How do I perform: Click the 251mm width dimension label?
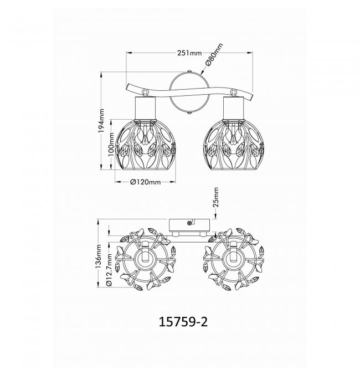pos(189,53)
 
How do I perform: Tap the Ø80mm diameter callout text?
pos(214,55)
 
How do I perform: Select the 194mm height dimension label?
pos(101,121)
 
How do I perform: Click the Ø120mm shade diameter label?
pos(145,182)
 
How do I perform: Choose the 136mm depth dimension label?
pos(99,256)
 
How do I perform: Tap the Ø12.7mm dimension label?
pos(109,270)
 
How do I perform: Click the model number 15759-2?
pos(183,322)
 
